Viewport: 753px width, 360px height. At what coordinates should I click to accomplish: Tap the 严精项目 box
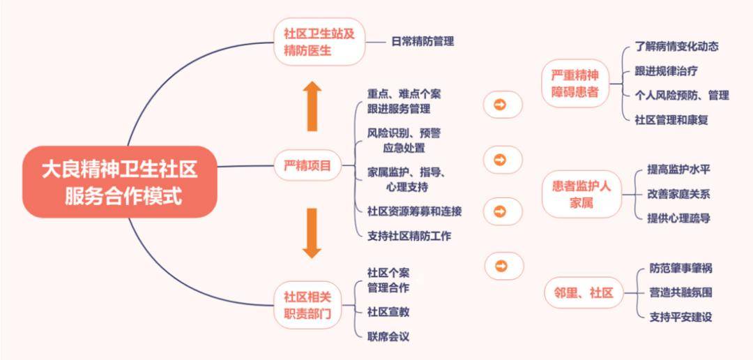[307, 166]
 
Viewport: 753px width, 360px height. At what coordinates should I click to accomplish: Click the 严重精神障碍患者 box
[575, 83]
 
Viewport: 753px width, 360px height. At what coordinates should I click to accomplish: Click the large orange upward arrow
[312, 106]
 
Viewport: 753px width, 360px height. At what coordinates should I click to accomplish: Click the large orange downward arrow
[312, 233]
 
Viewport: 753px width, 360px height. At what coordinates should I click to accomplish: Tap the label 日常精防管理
[423, 42]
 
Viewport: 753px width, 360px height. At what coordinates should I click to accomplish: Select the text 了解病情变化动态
[676, 47]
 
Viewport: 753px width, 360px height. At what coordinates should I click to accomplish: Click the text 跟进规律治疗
[667, 71]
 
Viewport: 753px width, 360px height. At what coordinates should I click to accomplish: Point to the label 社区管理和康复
[671, 120]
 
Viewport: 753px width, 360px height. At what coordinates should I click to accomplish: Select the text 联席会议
[388, 337]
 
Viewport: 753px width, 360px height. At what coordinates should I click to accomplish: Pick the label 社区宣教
[388, 312]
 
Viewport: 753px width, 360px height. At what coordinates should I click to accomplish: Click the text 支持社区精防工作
[409, 236]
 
